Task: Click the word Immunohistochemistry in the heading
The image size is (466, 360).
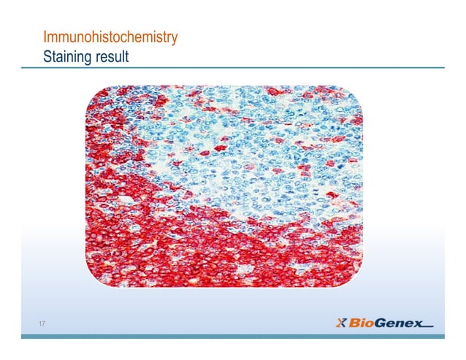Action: pyautogui.click(x=110, y=37)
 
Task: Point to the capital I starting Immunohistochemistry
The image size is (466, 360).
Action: pyautogui.click(x=45, y=37)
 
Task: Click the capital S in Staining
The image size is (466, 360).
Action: pyautogui.click(x=47, y=55)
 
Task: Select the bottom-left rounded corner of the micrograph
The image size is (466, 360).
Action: pyautogui.click(x=93, y=280)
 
